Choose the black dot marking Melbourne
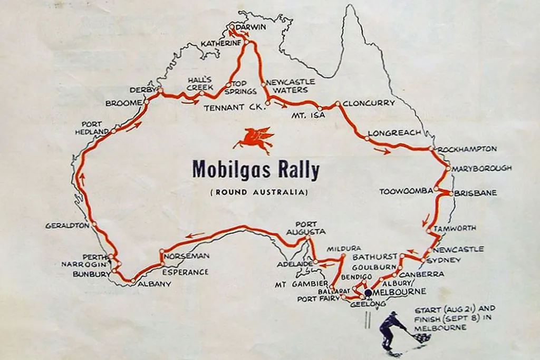click(368, 292)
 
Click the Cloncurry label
click(369, 103)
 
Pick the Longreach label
click(394, 133)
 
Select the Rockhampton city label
click(467, 149)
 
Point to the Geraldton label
click(67, 226)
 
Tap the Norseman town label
click(187, 256)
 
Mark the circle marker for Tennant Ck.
click(268, 103)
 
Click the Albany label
click(155, 284)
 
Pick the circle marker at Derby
click(160, 90)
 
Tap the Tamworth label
click(455, 228)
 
